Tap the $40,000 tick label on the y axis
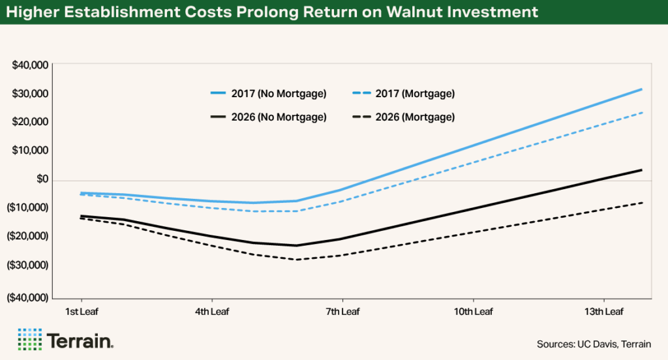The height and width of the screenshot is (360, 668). pyautogui.click(x=30, y=65)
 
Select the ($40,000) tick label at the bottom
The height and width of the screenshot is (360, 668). pyautogui.click(x=29, y=297)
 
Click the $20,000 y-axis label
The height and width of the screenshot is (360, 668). pyautogui.click(x=30, y=122)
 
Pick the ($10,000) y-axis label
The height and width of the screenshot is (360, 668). pyautogui.click(x=29, y=207)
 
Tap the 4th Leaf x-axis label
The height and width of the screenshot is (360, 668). pyautogui.click(x=211, y=312)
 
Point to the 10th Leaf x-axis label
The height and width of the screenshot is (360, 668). pyautogui.click(x=473, y=312)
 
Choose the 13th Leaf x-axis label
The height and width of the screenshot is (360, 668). pyautogui.click(x=603, y=312)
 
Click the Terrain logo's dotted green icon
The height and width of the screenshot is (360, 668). pyautogui.click(x=29, y=340)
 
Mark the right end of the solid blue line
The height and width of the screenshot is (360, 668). pyautogui.click(x=642, y=89)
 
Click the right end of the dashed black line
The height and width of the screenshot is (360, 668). pyautogui.click(x=642, y=203)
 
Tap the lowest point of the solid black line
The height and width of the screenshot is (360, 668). pyautogui.click(x=297, y=245)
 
